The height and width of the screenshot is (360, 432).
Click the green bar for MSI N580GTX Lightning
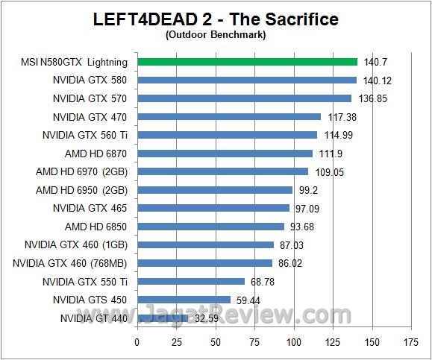(247, 62)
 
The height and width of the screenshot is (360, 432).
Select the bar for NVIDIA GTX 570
(244, 98)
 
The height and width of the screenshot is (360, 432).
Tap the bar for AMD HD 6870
(225, 154)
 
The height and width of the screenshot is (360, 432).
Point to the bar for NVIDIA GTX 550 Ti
(191, 282)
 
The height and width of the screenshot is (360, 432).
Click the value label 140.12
(377, 80)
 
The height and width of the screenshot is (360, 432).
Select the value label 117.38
(341, 117)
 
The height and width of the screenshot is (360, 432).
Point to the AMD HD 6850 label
(96, 227)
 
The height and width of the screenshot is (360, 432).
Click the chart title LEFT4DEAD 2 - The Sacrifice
(215, 19)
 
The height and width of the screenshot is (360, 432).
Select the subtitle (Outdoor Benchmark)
(215, 34)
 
